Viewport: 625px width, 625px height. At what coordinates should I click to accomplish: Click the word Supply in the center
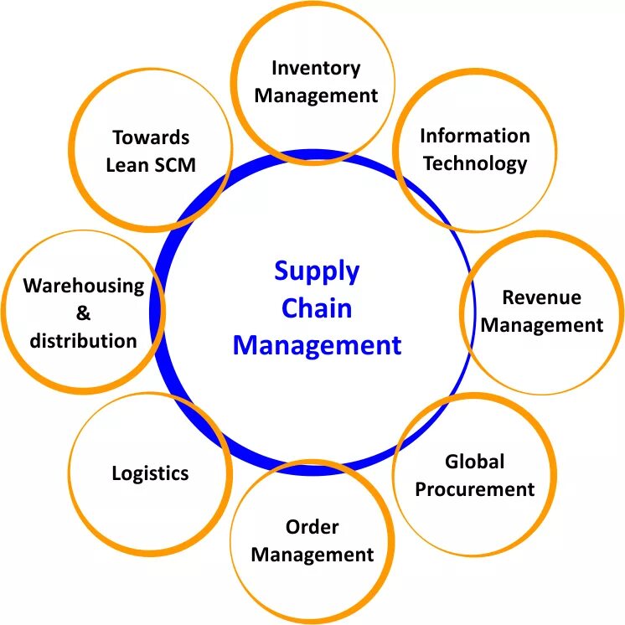pos(317,272)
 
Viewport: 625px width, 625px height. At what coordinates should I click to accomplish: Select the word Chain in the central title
pos(316,308)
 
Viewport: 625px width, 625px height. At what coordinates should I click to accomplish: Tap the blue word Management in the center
pos(317,344)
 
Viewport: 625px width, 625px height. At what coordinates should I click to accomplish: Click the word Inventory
pos(316,68)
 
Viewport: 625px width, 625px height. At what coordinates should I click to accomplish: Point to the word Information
pos(475,136)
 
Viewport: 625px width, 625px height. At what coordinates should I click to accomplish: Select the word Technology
pos(475,163)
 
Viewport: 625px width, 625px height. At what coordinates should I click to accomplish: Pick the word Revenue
pos(541,297)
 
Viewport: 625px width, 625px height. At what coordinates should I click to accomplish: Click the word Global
pos(474,462)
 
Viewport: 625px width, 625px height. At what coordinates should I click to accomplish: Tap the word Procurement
pos(474,488)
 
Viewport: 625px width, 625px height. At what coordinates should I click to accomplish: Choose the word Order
pos(312,527)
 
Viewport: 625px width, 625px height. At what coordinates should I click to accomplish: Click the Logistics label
pos(150,473)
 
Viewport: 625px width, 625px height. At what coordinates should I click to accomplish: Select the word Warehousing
pos(84,286)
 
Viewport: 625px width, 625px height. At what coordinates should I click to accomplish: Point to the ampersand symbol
pos(83,313)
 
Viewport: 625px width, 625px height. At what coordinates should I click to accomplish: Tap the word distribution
pos(83,340)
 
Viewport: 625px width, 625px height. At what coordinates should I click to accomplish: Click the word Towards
pos(151,137)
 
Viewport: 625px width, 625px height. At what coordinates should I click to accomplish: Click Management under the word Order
pos(312,555)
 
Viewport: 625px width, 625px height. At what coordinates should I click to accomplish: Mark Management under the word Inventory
pos(316,96)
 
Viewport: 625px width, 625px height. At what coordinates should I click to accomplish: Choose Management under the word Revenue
pos(541,324)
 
